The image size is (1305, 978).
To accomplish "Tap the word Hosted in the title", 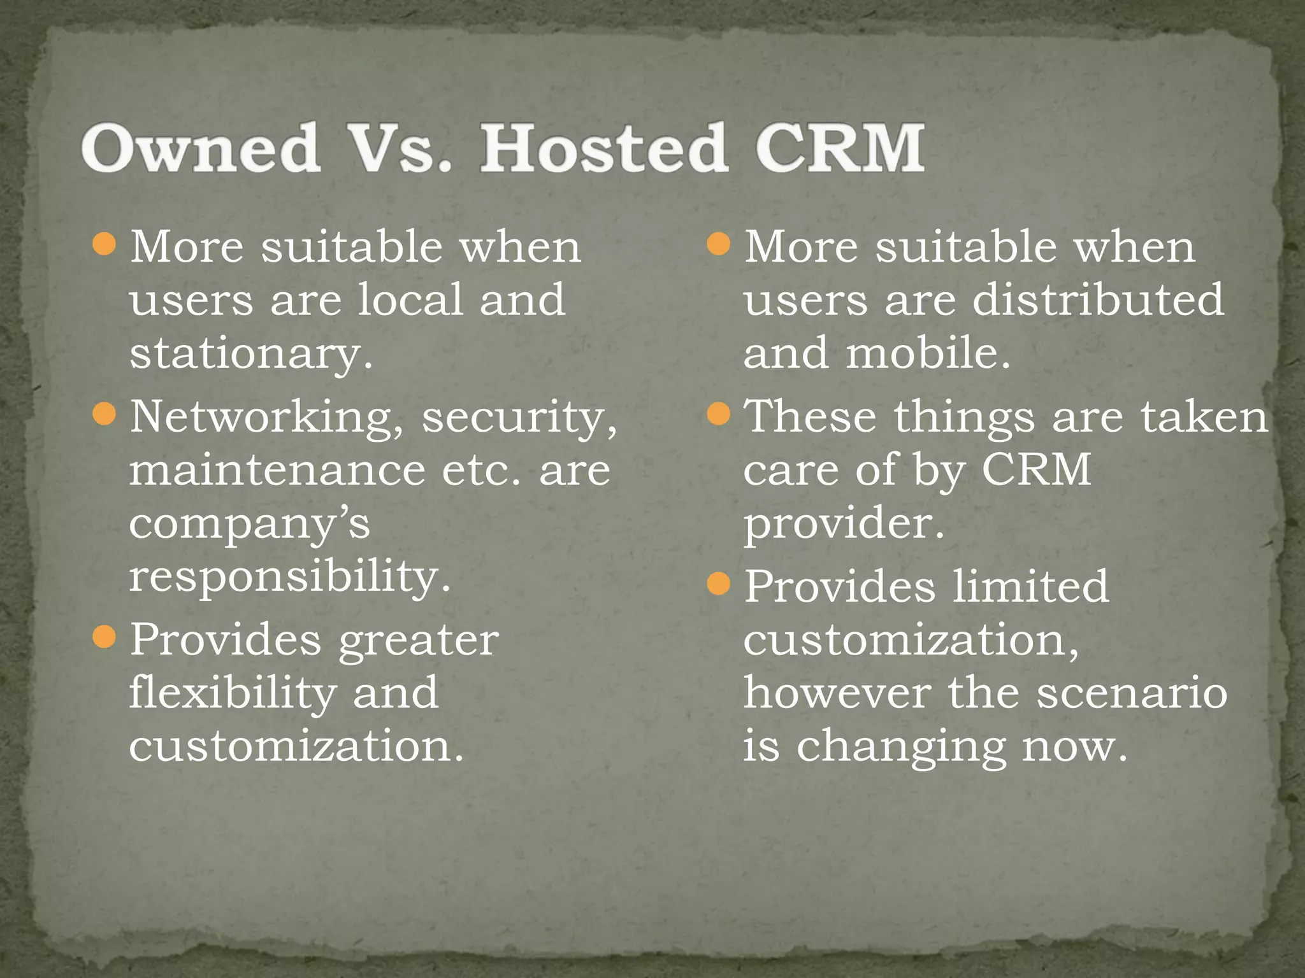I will click(603, 148).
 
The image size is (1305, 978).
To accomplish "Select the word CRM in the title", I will click(840, 148).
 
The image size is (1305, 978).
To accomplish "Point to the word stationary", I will click(250, 354).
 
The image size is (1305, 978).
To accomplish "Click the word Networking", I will click(267, 418).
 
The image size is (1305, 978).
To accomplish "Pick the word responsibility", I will click(290, 577).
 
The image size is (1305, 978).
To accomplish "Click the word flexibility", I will click(233, 693).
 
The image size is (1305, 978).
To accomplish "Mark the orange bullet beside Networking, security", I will click(104, 415).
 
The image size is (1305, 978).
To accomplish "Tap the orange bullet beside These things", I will click(718, 415).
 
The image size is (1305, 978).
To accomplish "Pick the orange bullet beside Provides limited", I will click(718, 583).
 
